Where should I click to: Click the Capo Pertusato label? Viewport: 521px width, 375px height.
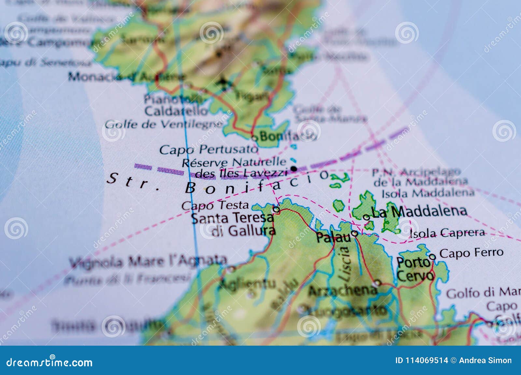(x=208, y=150)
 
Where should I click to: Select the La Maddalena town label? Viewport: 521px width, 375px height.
(x=419, y=212)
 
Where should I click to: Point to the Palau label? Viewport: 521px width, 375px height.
(x=333, y=237)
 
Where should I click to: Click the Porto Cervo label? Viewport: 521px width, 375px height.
(x=414, y=269)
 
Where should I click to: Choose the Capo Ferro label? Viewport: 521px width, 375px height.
(x=471, y=253)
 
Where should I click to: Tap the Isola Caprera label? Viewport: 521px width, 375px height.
(x=447, y=233)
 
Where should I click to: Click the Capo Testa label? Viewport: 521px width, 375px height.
(x=215, y=205)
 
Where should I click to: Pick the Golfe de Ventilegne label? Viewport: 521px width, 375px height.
(x=164, y=124)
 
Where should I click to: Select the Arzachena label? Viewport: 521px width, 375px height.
(x=342, y=290)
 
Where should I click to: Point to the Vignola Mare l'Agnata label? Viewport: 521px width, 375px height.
(x=148, y=261)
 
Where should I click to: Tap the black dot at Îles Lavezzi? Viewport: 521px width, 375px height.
(x=294, y=169)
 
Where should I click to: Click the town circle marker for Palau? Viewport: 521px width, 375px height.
(x=355, y=233)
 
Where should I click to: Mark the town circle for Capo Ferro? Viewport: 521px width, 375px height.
(x=432, y=257)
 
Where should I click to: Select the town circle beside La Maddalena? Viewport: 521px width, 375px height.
(x=366, y=217)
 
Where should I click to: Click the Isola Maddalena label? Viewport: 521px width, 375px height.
(x=428, y=193)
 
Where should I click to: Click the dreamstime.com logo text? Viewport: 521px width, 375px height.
(x=49, y=362)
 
